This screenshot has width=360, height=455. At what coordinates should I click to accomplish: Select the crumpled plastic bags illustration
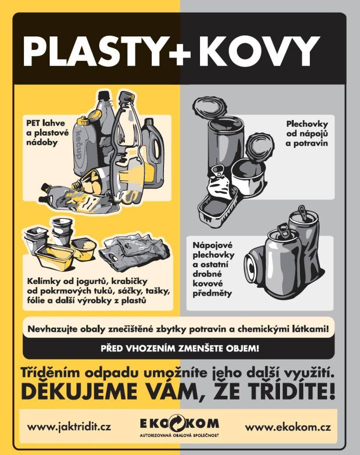pos(134,253)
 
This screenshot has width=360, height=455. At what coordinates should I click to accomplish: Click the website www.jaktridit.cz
pos(69,427)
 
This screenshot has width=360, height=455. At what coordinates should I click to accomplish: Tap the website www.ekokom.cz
pos(288,427)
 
